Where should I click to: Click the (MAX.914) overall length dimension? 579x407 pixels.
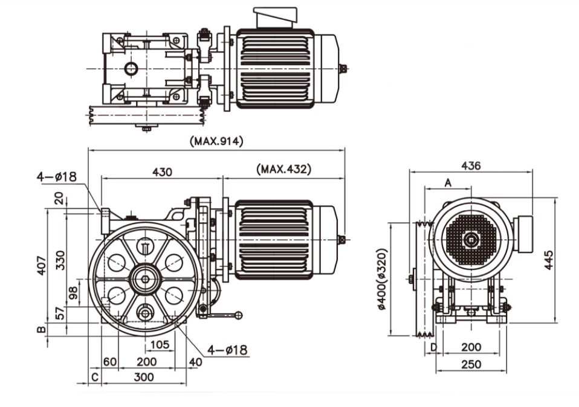point(216,141)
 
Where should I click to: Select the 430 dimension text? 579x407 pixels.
point(161,171)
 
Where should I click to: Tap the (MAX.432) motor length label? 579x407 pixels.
point(283,169)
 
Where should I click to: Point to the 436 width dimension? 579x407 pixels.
point(471,165)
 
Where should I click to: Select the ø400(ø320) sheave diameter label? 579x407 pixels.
point(382,279)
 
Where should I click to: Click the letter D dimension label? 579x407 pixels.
point(433,348)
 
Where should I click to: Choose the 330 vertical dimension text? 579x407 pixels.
point(60,261)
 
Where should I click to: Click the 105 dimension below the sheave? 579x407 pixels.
point(158,345)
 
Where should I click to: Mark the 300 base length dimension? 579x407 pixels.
point(144,376)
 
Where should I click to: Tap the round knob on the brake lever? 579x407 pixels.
point(239,315)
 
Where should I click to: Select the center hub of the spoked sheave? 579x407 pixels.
point(145,278)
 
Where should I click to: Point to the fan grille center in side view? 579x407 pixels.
point(471,240)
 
